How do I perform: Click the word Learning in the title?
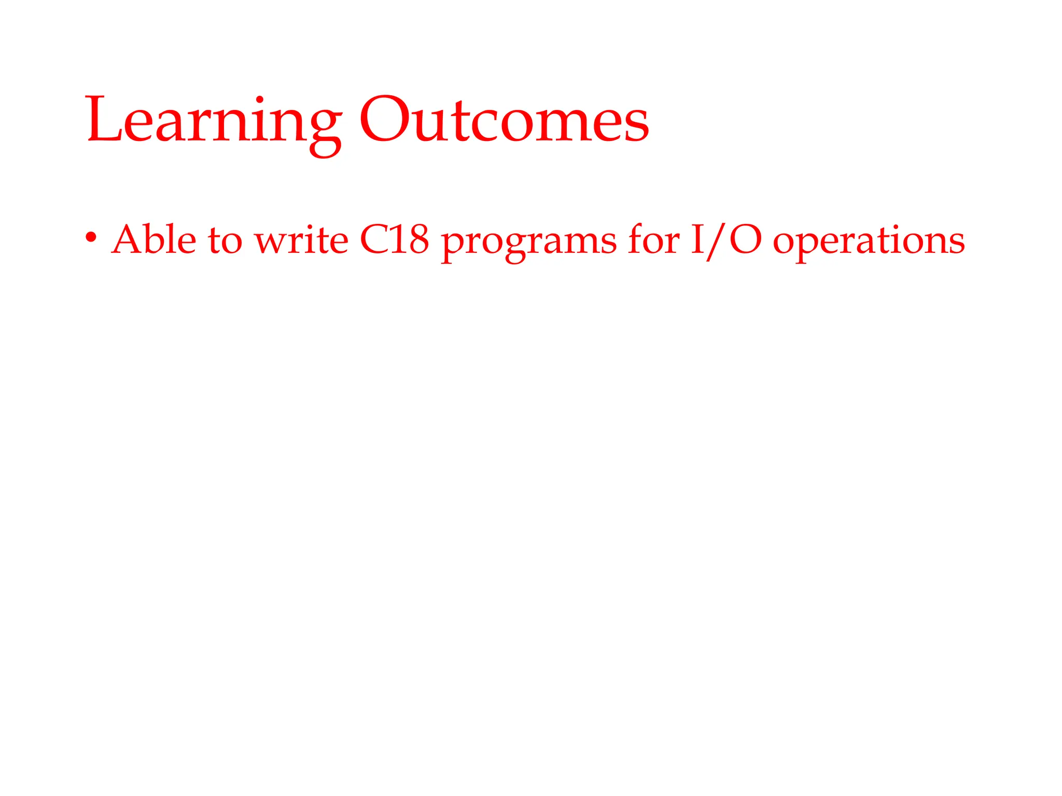(213, 122)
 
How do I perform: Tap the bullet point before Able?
(91, 238)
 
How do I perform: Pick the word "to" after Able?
(225, 241)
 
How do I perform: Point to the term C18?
(394, 239)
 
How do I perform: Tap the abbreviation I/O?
(726, 240)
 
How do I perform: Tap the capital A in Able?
(127, 239)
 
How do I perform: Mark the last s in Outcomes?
(636, 127)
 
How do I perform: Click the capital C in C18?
(374, 240)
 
